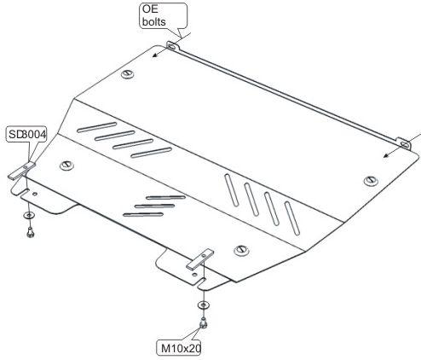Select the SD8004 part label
coord(26,134)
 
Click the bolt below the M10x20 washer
coord(203,322)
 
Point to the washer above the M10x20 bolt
coord(203,305)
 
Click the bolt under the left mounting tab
coord(30,233)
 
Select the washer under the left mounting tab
coord(28,215)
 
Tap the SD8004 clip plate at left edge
coord(21,171)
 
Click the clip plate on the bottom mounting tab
coord(199,259)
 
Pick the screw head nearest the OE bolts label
coord(128,74)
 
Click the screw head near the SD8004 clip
coord(66,165)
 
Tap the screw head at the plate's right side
coord(371,181)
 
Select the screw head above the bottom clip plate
coord(241,250)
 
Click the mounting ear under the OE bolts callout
coord(172,46)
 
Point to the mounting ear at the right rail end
coord(404,144)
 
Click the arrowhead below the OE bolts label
coord(154,55)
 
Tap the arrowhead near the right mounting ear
coord(386,155)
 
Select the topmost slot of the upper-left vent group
coord(97,127)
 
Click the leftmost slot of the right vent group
coord(231,189)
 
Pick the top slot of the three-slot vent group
coord(165,198)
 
